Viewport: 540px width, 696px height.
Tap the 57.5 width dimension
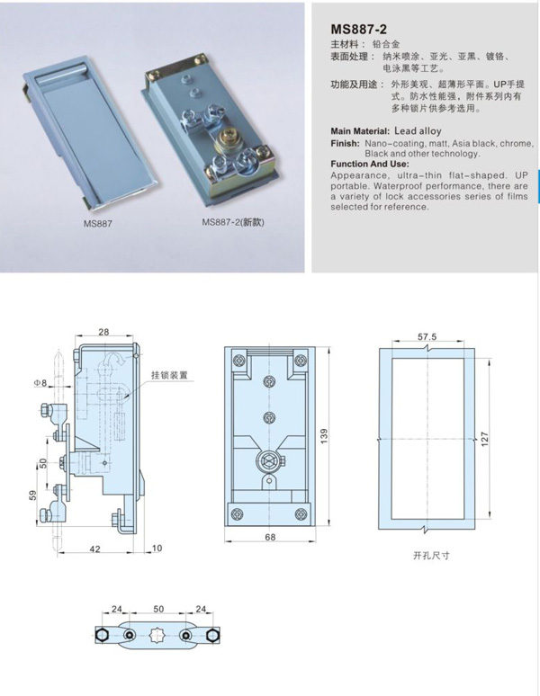(427, 336)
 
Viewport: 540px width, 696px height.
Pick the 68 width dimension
(269, 537)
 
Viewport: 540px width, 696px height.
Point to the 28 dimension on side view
(104, 333)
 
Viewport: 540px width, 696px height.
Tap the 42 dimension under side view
(93, 548)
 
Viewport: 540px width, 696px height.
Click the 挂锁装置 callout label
(169, 376)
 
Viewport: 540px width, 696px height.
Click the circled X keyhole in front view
(267, 460)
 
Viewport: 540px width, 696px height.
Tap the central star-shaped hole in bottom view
(158, 635)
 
